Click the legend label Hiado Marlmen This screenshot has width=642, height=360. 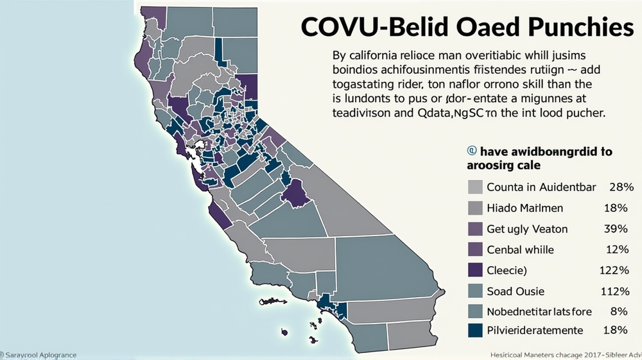[525, 208]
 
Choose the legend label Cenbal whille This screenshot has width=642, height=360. [520, 250]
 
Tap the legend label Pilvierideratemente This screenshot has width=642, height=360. [535, 330]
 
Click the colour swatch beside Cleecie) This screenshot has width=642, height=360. [475, 270]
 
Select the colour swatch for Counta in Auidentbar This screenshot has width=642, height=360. [475, 187]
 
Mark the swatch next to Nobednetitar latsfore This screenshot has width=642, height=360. [475, 311]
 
